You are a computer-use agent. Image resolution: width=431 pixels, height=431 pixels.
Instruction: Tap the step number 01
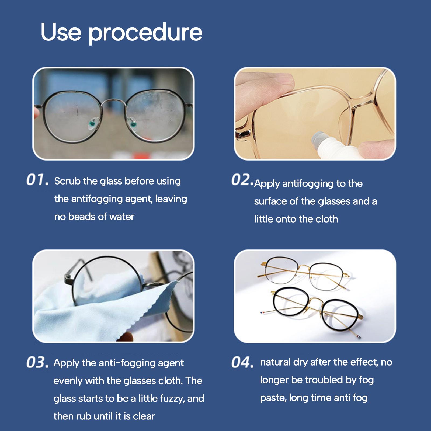(38, 180)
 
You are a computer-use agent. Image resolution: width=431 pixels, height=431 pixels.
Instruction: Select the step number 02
(242, 180)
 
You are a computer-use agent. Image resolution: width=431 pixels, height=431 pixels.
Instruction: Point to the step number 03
(38, 362)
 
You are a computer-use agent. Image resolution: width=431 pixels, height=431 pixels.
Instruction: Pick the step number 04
(242, 362)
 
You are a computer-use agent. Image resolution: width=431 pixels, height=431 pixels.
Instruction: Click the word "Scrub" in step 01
(67, 181)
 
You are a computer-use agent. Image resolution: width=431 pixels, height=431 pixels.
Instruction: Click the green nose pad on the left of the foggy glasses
(92, 124)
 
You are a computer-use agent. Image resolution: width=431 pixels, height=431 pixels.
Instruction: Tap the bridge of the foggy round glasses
(113, 102)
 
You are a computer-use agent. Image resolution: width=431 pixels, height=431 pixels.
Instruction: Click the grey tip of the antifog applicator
(318, 138)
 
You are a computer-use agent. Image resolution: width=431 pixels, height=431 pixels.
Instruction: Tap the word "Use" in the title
(61, 32)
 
